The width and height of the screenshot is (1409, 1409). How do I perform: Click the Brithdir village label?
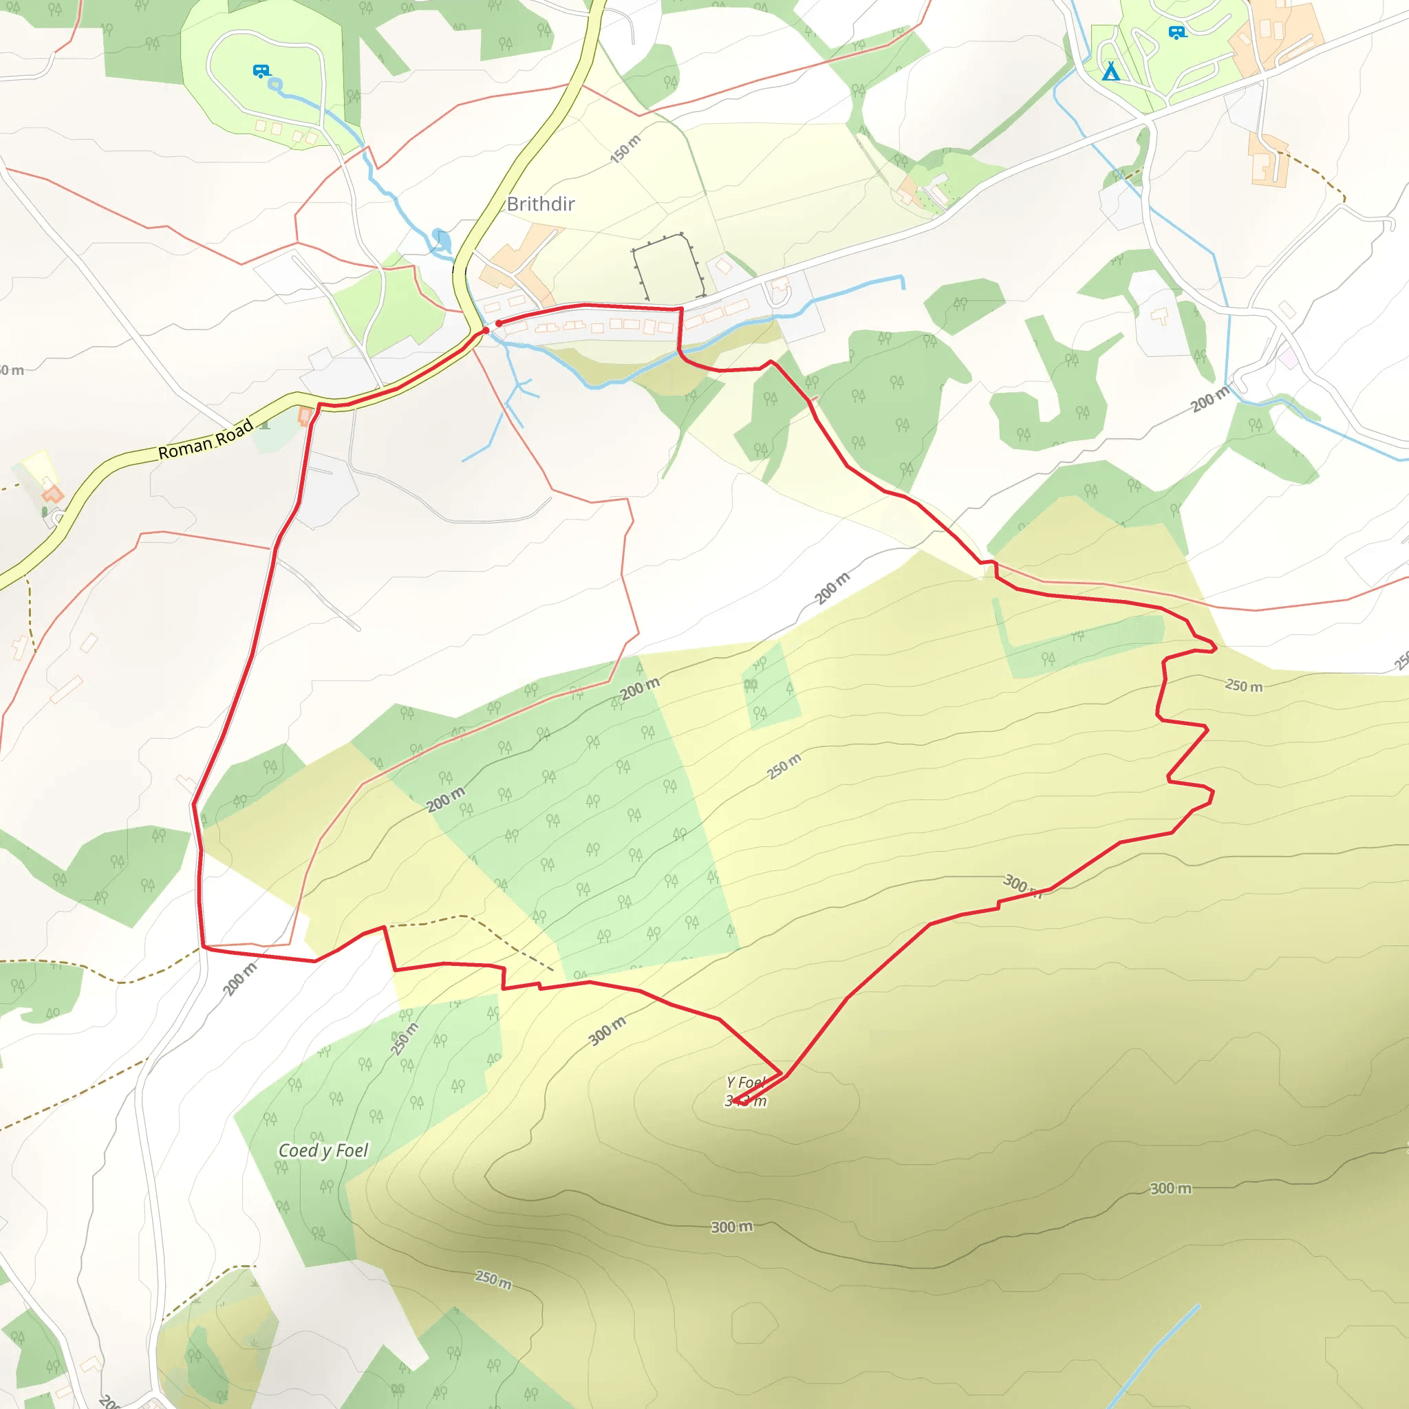coord(540,204)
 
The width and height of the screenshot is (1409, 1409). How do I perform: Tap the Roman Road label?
coord(206,439)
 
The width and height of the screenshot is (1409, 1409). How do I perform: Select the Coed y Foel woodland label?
coord(323,1150)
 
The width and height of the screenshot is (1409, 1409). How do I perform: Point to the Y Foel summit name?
coord(744,1082)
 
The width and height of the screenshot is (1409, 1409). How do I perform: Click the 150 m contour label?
coord(626,149)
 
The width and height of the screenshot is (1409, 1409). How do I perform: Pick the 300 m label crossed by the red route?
coord(1021,885)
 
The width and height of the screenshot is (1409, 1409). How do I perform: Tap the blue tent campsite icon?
coord(1110,72)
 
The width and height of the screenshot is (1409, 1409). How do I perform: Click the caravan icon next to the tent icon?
coord(1176,32)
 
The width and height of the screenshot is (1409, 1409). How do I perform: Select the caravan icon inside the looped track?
coord(261,71)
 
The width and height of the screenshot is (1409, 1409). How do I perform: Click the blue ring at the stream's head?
coord(275,85)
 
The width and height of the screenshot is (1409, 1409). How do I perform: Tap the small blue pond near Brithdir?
coord(441,239)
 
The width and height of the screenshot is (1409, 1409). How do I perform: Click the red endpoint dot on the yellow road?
coord(485,331)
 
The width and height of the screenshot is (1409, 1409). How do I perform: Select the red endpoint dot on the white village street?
coord(499,323)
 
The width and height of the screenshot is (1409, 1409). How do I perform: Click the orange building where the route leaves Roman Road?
coord(305,416)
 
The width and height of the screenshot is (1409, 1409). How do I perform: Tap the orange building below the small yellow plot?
coord(51,494)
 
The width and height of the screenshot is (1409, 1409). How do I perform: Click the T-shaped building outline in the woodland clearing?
coord(1159,316)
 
